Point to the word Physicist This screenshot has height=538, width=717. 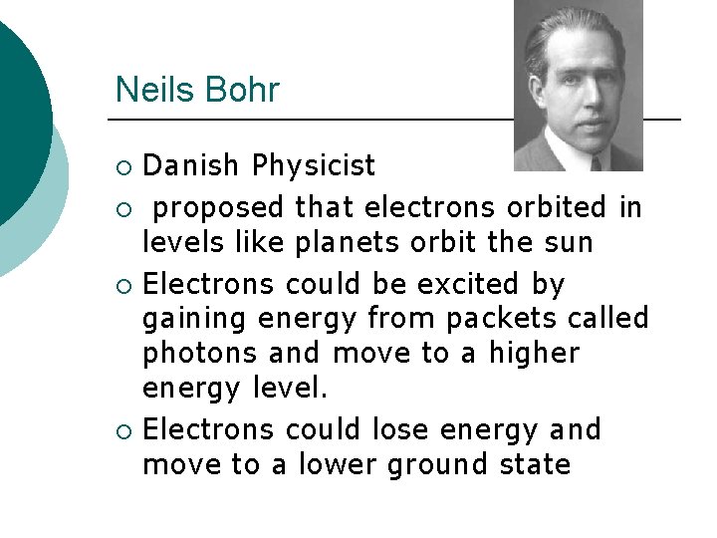click(x=314, y=164)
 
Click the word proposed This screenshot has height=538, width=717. click(x=220, y=207)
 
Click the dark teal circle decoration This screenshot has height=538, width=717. click(x=18, y=110)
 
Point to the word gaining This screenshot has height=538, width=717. click(x=195, y=320)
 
